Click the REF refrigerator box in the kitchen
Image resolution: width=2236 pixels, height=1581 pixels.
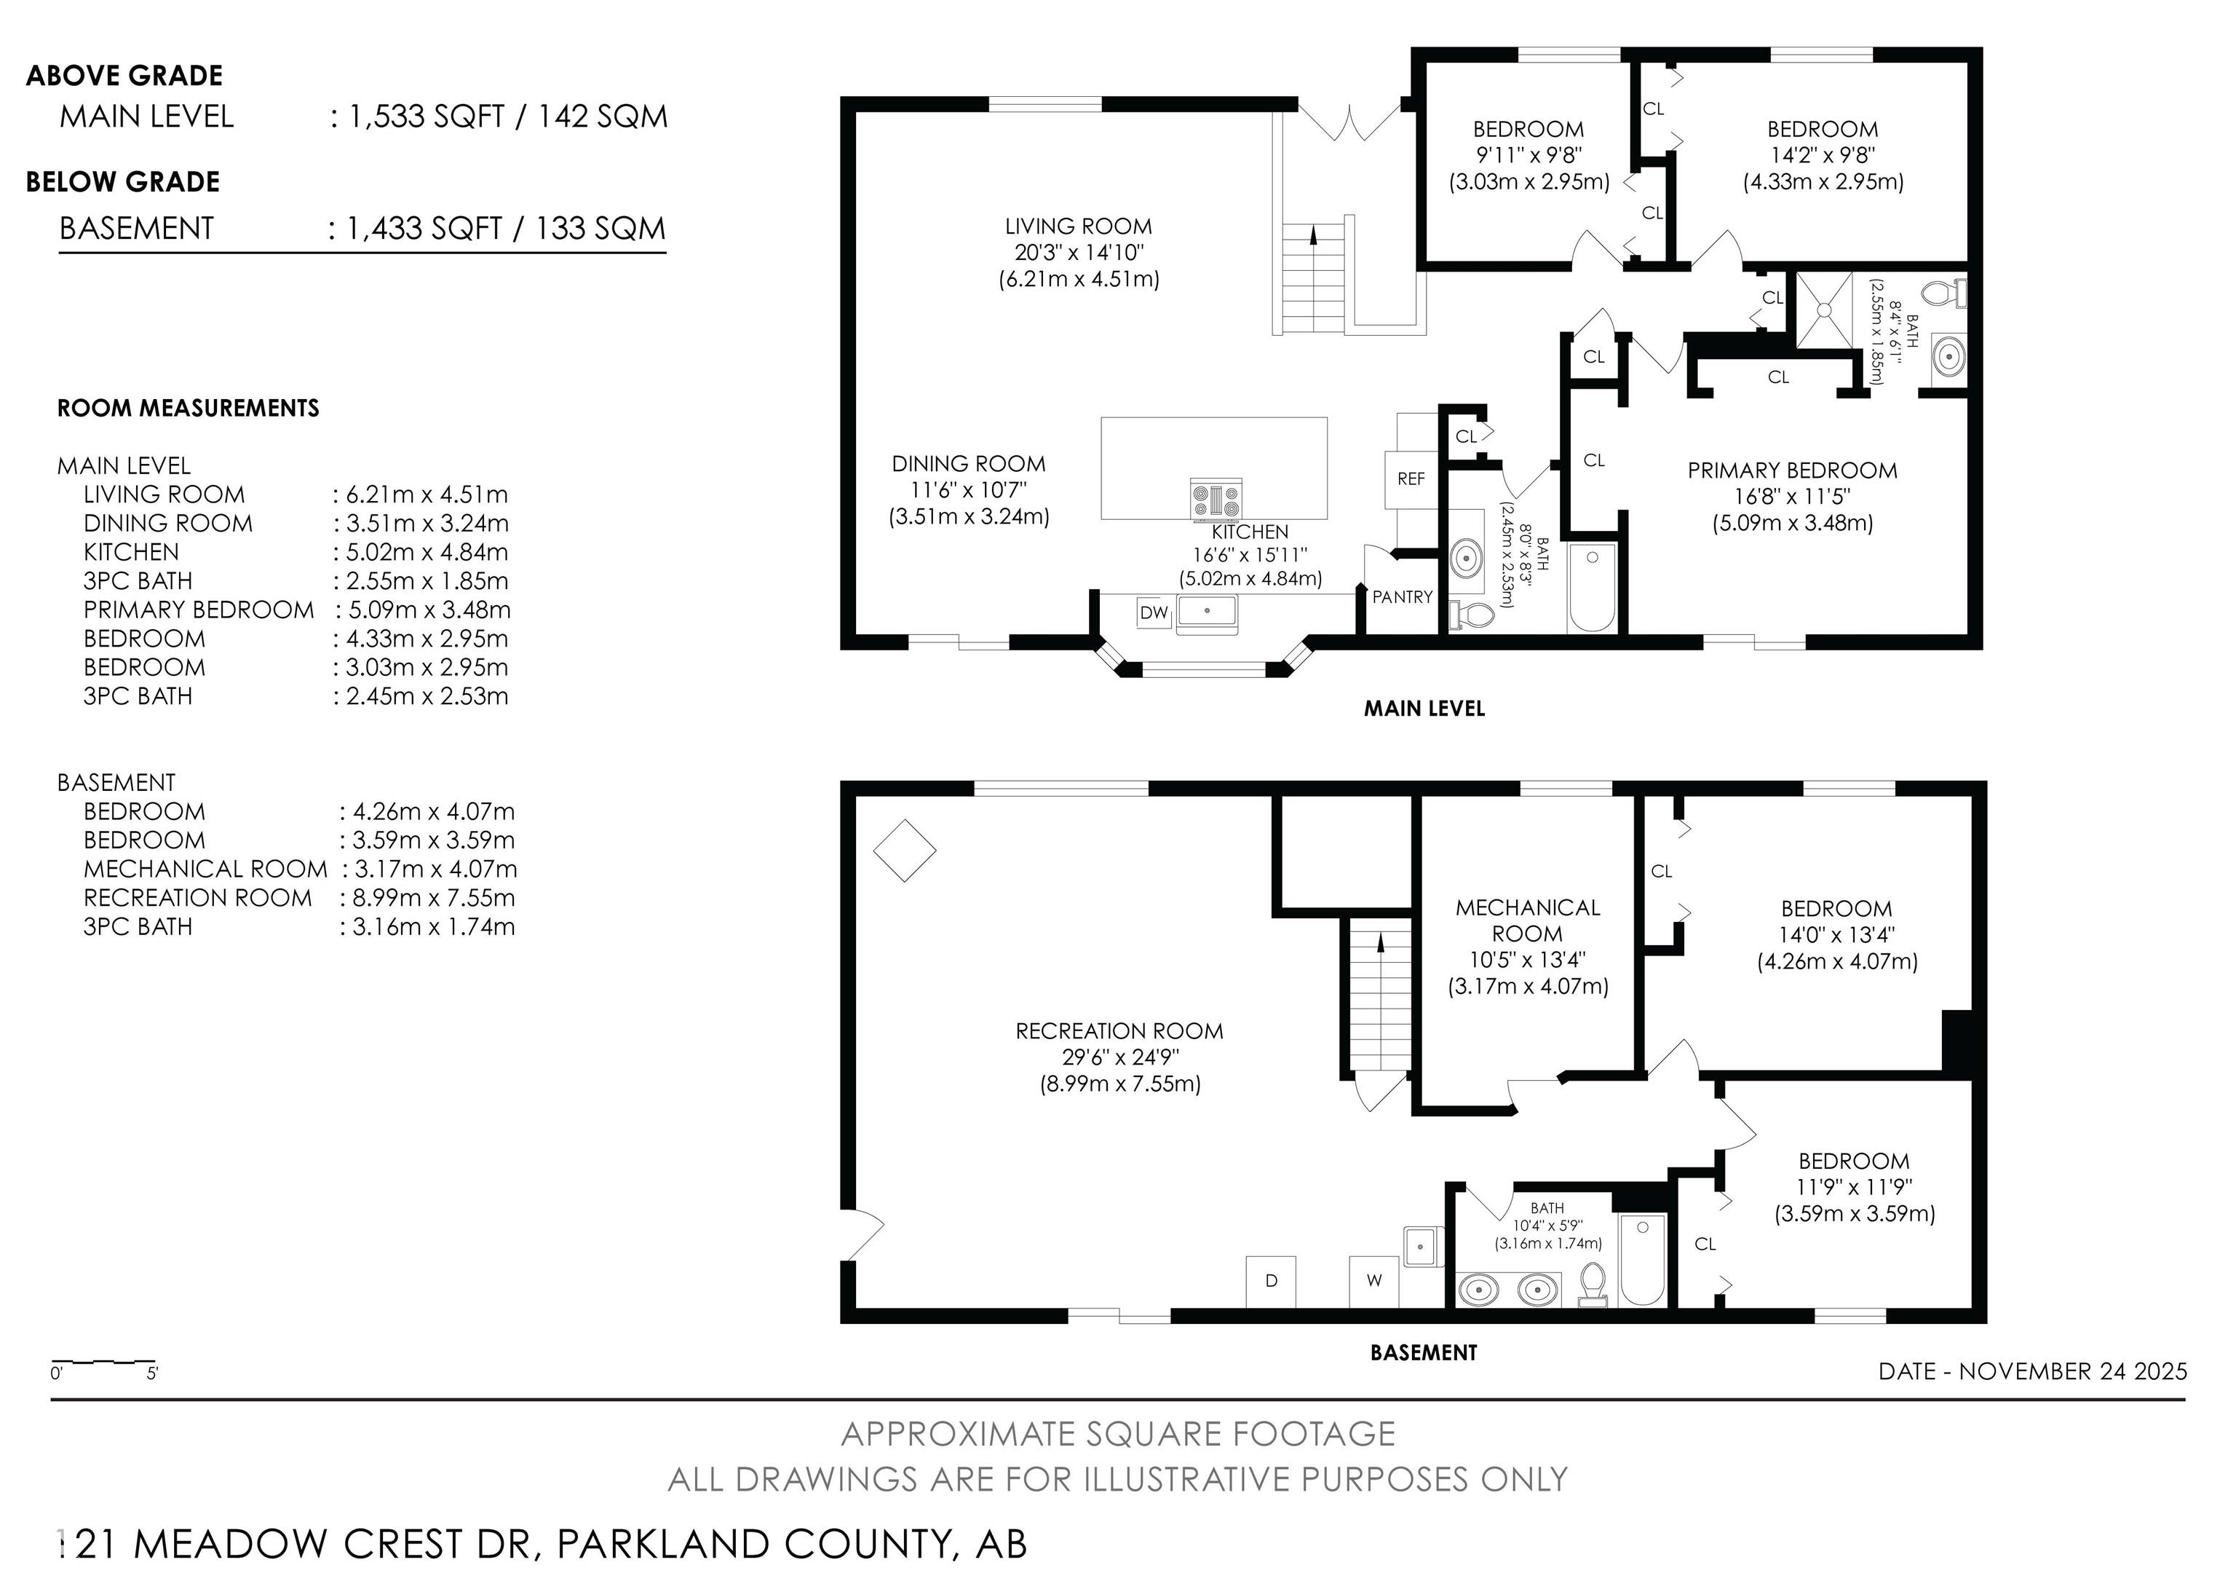(1411, 478)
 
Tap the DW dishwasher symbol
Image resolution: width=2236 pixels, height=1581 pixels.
(1154, 612)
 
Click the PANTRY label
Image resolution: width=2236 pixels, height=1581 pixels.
(1403, 597)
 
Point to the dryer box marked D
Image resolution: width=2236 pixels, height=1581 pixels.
(1271, 1282)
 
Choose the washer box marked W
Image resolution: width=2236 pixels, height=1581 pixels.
(1374, 1282)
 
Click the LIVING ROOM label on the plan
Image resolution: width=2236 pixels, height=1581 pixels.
(1078, 226)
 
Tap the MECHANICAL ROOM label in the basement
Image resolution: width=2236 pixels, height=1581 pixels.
(1528, 920)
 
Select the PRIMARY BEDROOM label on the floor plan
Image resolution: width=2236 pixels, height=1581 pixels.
(1792, 470)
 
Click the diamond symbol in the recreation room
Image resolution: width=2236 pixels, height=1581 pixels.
(905, 851)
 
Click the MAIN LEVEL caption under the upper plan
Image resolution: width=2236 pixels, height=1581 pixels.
(1424, 708)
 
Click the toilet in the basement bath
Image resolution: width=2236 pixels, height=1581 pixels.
(1593, 1283)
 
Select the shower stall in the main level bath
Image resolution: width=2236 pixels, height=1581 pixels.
(1824, 309)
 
